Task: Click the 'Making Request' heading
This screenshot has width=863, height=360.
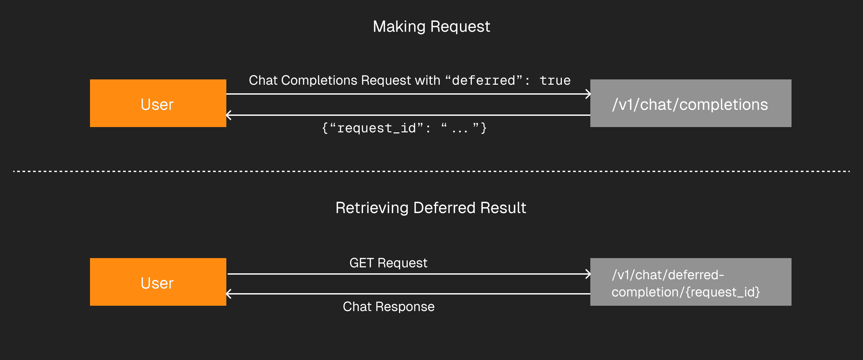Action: pos(431,26)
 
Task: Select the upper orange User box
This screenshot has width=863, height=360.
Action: pos(158,103)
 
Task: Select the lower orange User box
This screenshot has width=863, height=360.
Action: pos(158,282)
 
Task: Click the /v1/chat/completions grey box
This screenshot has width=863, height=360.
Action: pos(691,103)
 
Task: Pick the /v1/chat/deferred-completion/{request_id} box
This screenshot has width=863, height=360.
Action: pos(691,282)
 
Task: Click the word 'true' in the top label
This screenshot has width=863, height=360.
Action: pos(555,81)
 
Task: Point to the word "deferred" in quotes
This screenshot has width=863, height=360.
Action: pos(483,81)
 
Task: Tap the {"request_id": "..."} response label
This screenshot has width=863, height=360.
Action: pos(404,128)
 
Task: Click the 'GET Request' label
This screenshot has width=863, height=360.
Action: pos(388,263)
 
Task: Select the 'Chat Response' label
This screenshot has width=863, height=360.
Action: pos(388,306)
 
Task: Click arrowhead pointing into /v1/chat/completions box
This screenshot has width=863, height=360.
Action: pos(588,94)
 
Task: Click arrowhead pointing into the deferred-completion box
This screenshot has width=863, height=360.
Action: pos(588,274)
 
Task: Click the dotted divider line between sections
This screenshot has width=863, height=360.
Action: pos(431,171)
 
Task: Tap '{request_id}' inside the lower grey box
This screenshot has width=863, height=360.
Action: pos(723,292)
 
